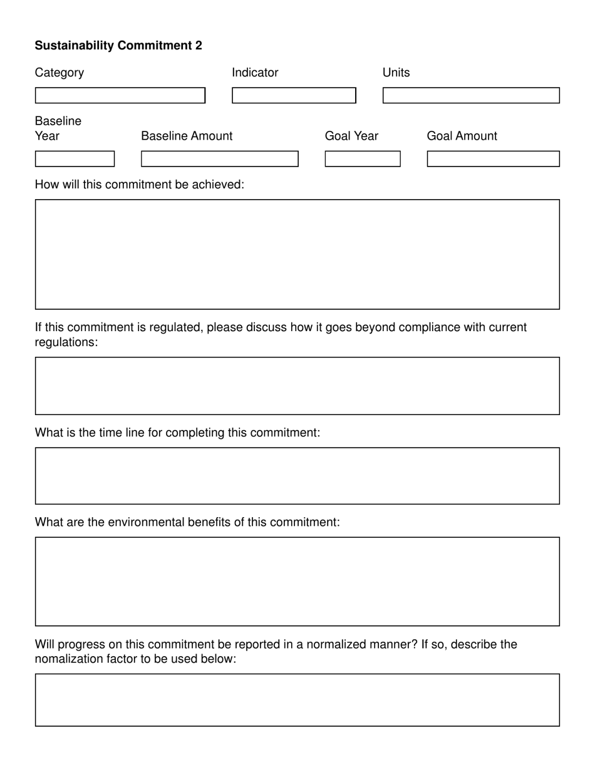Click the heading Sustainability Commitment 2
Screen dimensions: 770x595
click(x=118, y=46)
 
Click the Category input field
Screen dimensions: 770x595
click(x=120, y=95)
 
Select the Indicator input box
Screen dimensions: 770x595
click(x=294, y=95)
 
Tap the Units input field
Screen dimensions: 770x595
click(x=471, y=95)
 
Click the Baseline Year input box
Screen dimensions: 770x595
click(x=75, y=159)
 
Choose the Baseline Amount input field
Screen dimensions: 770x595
click(x=220, y=159)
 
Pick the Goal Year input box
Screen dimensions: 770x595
click(x=363, y=159)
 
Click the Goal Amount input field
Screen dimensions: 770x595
click(x=493, y=159)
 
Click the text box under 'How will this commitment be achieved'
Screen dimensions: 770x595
click(x=297, y=254)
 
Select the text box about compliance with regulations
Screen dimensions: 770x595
click(x=297, y=386)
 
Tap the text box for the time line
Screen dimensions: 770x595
click(x=297, y=476)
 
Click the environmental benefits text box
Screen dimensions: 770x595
click(x=297, y=582)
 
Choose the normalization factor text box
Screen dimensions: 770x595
click(x=297, y=700)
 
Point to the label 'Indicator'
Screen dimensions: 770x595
click(x=255, y=73)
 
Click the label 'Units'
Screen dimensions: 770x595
click(x=396, y=73)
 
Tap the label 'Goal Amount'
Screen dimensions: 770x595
click(x=462, y=136)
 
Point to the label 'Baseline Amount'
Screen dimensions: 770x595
click(x=187, y=136)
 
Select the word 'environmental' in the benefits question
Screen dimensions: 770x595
click(x=144, y=523)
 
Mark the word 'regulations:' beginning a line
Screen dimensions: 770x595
click(x=66, y=342)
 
